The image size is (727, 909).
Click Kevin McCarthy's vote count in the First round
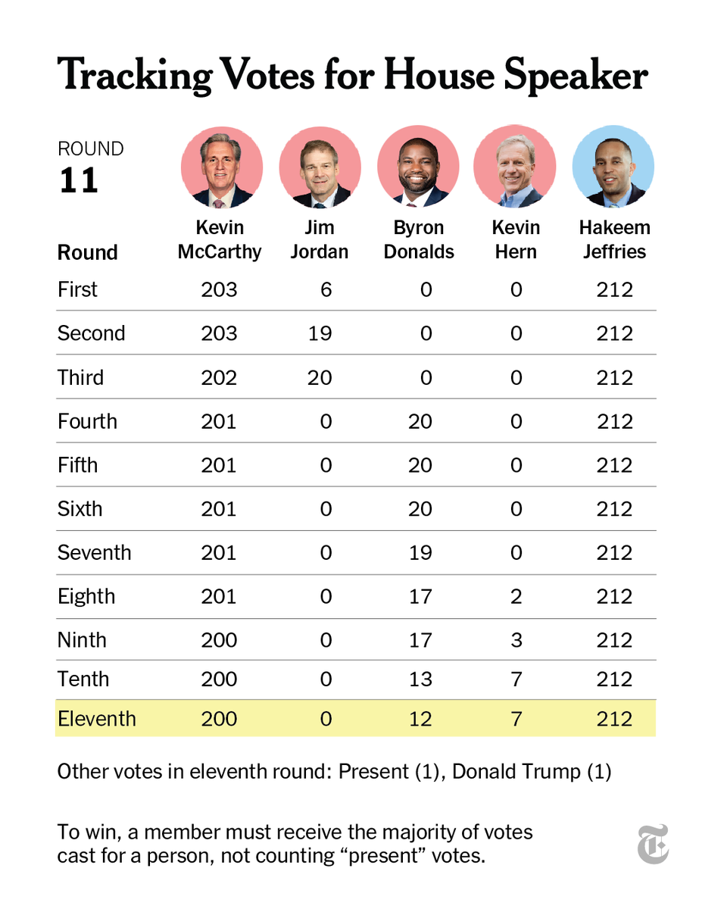219,289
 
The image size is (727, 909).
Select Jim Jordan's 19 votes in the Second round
320,333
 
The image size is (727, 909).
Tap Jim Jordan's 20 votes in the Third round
320,377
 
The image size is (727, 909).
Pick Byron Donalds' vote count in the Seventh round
420,552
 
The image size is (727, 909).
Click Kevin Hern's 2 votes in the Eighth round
516,596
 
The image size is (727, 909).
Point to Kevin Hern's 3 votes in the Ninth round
516,640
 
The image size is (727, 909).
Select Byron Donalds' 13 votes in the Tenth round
420,679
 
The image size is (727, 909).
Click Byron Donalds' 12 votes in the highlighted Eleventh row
420,718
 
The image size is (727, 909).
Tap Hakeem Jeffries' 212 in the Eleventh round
614,718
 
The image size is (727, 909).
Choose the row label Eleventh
97,718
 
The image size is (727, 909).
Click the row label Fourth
87,421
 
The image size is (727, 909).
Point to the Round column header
87,252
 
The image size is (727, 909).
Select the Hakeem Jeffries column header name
614,239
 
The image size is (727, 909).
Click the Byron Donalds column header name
419,239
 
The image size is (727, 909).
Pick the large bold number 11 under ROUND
79,181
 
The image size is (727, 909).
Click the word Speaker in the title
576,76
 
